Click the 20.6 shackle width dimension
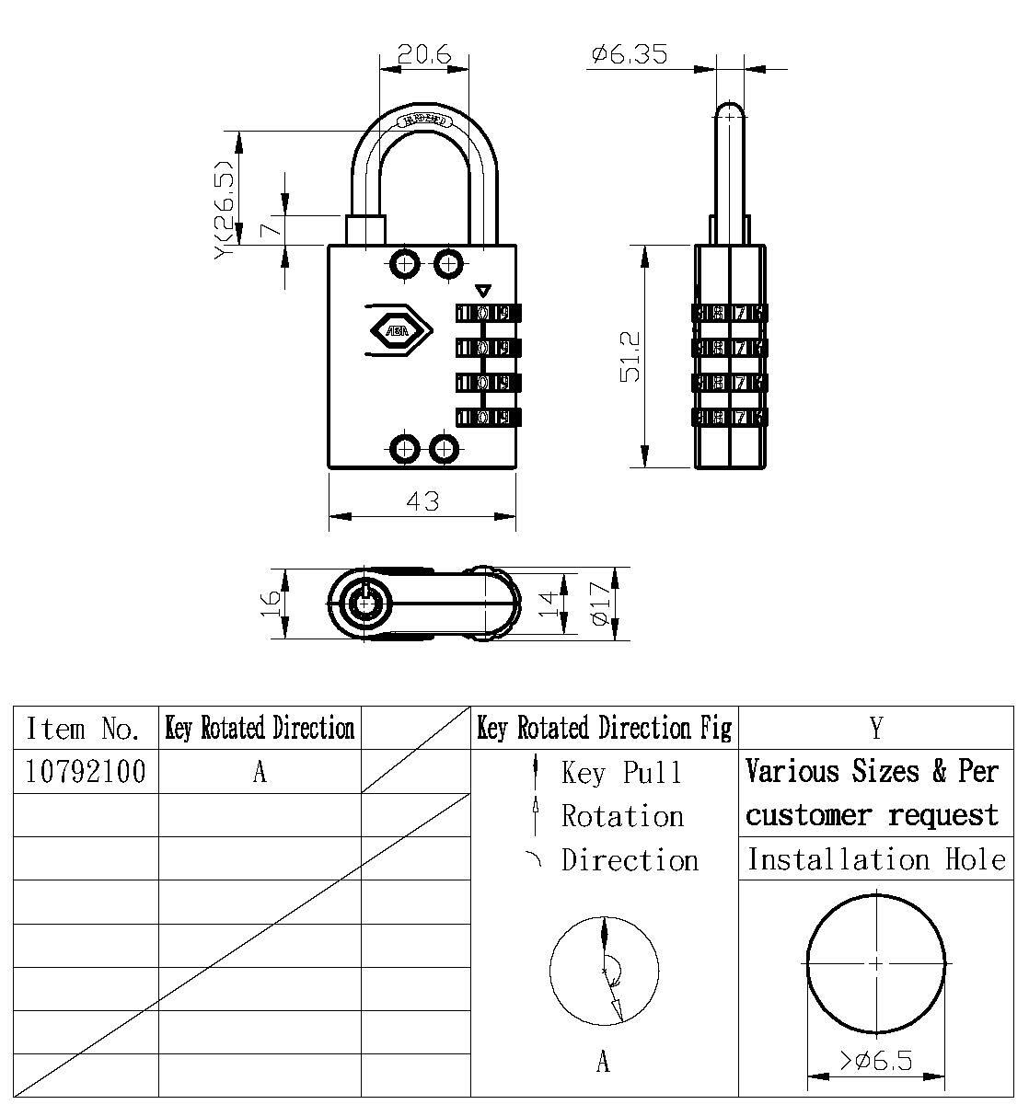coord(423,55)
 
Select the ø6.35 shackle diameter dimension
coord(629,55)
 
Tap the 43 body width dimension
coord(422,501)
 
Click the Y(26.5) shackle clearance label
coord(225,211)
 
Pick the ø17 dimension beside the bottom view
coord(599,604)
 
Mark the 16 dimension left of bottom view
coord(271,604)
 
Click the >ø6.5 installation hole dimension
coord(875,1061)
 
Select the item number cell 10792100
coord(86,772)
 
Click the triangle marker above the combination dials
coord(483,289)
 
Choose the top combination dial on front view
coord(488,313)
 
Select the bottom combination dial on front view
coord(488,418)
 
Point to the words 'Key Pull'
coord(622,773)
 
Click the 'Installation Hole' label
coord(875,859)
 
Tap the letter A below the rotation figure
coord(603,1063)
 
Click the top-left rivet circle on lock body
coord(405,264)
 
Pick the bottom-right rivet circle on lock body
coord(445,450)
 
